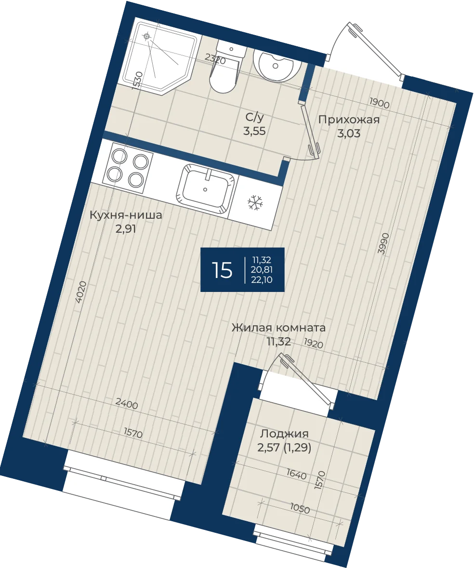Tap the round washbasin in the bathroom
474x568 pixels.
tap(276, 66)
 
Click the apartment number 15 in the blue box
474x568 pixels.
tap(222, 270)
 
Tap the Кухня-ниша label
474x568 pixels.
tap(126, 215)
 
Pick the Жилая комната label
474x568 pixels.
tap(278, 328)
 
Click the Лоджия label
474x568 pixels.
tap(284, 434)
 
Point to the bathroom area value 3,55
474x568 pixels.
tap(254, 131)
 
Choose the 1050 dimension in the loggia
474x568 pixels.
tap(300, 509)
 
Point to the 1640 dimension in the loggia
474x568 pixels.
tap(296, 474)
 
